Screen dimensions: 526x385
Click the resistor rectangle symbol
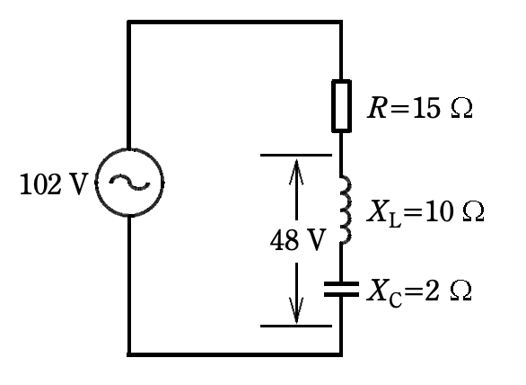point(341,106)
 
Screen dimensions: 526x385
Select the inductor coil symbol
point(346,209)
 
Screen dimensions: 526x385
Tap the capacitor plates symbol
point(341,290)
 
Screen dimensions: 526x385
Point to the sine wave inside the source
point(129,183)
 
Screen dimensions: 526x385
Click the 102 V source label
point(54,184)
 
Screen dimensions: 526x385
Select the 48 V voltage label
point(298,240)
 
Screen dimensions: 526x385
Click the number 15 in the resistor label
point(426,108)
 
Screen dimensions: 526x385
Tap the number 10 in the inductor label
point(439,211)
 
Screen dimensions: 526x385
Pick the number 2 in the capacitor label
point(432,291)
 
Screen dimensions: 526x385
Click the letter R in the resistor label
point(377,108)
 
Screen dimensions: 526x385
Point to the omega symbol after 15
point(462,108)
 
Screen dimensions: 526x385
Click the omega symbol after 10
point(473,211)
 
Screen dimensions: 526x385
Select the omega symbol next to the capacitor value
point(460,291)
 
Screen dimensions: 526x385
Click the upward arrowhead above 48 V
point(296,172)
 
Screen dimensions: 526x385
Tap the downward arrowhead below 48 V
point(296,310)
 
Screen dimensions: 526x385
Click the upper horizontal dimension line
point(296,155)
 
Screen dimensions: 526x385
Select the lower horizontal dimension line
point(296,326)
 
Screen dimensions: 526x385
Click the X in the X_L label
point(377,211)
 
